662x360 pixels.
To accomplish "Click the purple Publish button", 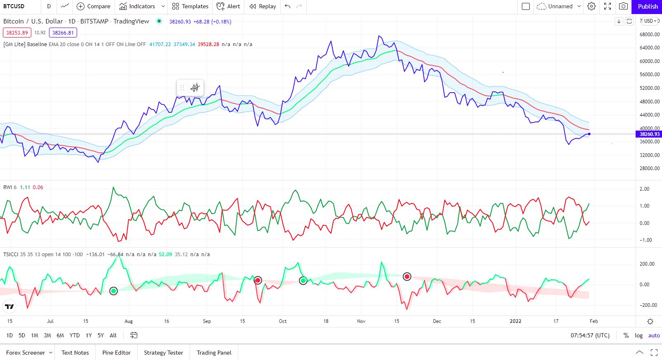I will (647, 6).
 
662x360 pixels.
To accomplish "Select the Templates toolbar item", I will (190, 6).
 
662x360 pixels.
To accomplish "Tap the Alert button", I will (228, 6).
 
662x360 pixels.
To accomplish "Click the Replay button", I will (263, 6).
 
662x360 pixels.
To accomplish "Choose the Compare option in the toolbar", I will (94, 6).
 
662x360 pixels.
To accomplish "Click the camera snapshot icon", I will (624, 6).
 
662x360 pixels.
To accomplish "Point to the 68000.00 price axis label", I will (649, 35).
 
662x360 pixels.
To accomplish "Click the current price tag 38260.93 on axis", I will (649, 134).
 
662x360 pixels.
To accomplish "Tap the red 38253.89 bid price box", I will (17, 33).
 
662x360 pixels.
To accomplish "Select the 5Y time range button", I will (101, 335).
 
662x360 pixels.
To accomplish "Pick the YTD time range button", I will (75, 335).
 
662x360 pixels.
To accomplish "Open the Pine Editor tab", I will (116, 353).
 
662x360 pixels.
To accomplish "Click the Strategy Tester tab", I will (163, 353).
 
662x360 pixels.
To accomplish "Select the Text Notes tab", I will (75, 353).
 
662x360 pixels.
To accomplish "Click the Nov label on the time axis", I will (361, 321).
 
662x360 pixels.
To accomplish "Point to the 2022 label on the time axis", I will (515, 321).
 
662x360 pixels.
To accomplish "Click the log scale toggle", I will (639, 335).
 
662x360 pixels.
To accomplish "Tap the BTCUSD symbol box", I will (14, 6).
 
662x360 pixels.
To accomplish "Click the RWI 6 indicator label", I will (10, 187).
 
